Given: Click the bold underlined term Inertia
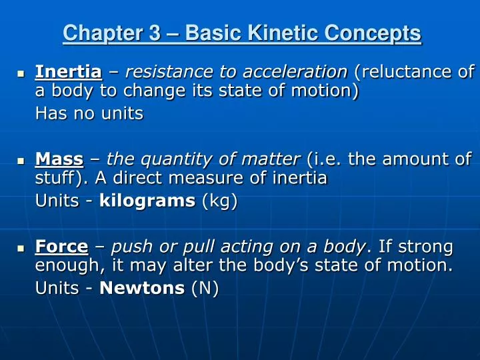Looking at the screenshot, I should [x=68, y=71].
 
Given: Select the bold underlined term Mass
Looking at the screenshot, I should [x=59, y=159].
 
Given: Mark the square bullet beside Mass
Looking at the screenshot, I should [x=20, y=161].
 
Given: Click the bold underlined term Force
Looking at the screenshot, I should [x=61, y=247].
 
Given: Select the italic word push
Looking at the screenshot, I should [x=131, y=248].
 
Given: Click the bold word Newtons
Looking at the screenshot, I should [x=141, y=289].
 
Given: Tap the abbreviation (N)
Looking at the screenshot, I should [x=205, y=289].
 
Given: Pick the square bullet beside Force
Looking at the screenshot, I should [x=20, y=249].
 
